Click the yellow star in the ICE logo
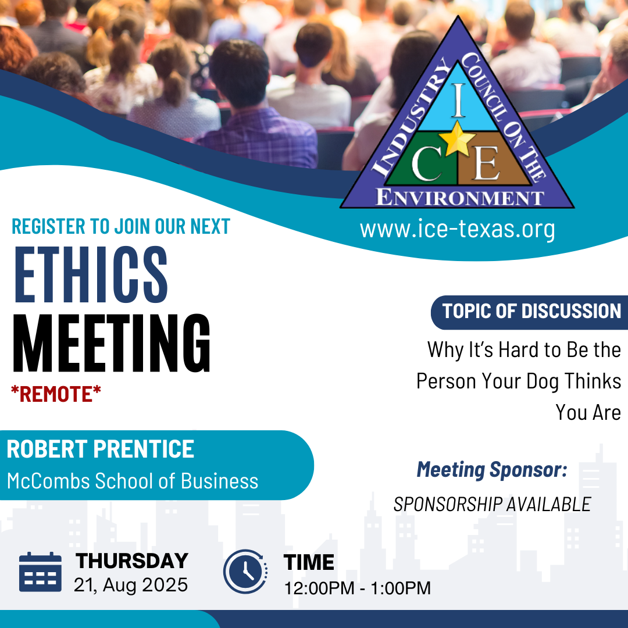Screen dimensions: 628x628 [x=457, y=138]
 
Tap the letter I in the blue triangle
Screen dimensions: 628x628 [x=459, y=100]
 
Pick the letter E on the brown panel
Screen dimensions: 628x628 [x=486, y=163]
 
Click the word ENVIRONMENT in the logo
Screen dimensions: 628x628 [x=460, y=198]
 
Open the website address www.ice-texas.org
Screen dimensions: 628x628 [x=458, y=229]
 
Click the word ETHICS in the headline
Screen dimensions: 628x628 [x=91, y=274]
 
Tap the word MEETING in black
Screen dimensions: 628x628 [x=111, y=343]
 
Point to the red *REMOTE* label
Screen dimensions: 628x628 [x=56, y=394]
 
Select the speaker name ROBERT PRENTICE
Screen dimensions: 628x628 [x=101, y=449]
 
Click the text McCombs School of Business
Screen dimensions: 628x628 [x=133, y=481]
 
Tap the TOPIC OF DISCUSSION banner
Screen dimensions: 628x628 [x=530, y=312]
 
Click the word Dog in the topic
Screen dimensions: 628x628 [x=543, y=381]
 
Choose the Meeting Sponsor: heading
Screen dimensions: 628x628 [x=492, y=470]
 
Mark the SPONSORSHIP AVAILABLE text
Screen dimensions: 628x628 [x=493, y=504]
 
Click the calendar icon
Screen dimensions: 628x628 [x=41, y=572]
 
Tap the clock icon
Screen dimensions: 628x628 [x=245, y=572]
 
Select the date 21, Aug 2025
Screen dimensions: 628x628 [x=131, y=585]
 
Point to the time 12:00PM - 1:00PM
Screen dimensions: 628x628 [x=357, y=588]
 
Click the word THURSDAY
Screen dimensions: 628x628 [x=132, y=561]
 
